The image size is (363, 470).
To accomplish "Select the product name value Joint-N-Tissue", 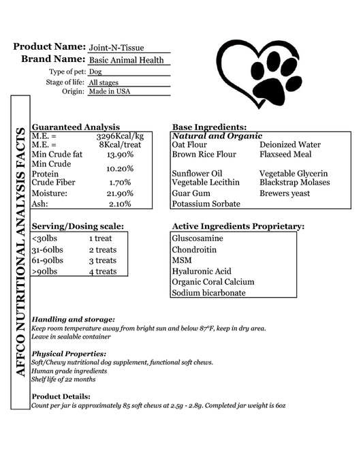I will [116, 48].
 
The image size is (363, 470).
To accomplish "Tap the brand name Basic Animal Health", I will [127, 60].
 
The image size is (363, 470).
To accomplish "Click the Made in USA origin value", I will [109, 91].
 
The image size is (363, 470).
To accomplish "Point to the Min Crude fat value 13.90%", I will [120, 155].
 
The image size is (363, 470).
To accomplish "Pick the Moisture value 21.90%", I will [120, 193].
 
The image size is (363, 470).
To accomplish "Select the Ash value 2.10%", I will [120, 204].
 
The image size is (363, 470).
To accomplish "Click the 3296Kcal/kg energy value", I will [120, 136].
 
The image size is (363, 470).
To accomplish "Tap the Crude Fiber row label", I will [54, 183].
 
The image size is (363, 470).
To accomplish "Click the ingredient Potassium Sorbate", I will [206, 204].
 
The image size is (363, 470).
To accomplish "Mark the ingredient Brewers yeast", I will [285, 193].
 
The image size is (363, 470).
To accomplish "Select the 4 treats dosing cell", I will [102, 272].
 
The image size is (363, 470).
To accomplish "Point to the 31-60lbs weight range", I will [48, 249].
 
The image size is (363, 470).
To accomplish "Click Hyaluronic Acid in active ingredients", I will [202, 271].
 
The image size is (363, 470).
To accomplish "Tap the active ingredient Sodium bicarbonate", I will [208, 293].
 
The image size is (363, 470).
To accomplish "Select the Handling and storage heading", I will [74, 319].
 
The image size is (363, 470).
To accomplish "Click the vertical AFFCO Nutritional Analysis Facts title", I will [20, 252].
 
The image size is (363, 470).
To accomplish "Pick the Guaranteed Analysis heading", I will [76, 127].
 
